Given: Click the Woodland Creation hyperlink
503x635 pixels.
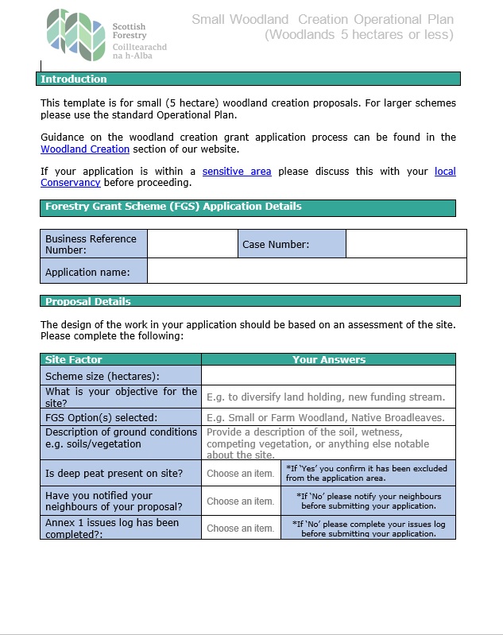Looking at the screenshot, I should coord(85,149).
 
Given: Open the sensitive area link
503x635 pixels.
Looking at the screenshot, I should coord(237,172).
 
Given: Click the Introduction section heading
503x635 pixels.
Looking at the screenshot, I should coord(74,79).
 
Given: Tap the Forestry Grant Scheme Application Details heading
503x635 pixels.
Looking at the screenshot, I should coord(173,207).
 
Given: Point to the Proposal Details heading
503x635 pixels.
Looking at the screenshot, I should coord(88,302).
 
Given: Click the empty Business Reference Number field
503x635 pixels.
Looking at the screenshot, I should coord(192,244).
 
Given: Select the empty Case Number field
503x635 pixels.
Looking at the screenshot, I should coord(406,244).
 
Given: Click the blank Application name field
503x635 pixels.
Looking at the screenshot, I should coord(307,272).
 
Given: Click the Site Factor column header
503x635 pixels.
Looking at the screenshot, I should coord(74,360).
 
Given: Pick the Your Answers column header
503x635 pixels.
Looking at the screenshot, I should coord(328,360).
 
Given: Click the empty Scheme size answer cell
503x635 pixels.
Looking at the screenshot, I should coord(328,376).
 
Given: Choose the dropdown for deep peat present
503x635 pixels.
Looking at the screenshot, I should coord(241,474).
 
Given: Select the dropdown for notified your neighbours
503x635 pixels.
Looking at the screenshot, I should coord(241,501).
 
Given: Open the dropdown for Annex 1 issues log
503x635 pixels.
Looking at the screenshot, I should coord(241,529).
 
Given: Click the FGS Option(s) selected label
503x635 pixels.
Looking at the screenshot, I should coord(102,418).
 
